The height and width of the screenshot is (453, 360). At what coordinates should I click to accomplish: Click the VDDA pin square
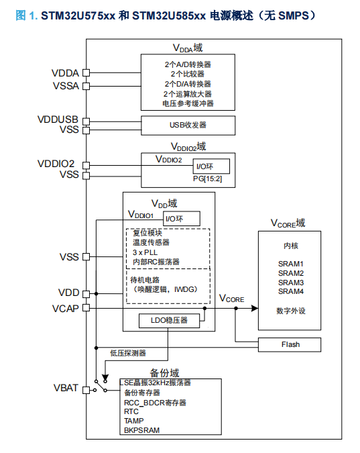coord(86,72)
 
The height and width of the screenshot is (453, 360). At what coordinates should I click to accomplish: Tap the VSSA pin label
coord(66,86)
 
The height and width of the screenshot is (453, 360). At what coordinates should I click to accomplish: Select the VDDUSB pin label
coord(58,119)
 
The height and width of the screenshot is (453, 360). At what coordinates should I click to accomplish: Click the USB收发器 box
coord(188,125)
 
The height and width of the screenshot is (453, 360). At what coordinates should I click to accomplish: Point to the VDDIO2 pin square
coord(86,165)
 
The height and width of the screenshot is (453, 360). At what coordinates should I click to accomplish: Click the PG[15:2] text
coord(208,179)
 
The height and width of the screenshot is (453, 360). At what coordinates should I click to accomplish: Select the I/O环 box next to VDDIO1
coord(182,218)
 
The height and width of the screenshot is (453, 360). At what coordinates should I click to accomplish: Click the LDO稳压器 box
coord(169,321)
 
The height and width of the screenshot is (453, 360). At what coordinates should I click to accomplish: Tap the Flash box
coord(289,345)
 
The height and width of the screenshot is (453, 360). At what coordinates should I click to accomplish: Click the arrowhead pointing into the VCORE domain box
coord(255,308)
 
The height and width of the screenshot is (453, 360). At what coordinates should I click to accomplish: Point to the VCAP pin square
coord(86,308)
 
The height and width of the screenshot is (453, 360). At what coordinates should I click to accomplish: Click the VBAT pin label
coord(66,388)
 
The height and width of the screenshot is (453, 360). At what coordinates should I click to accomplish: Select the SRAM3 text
coord(291,283)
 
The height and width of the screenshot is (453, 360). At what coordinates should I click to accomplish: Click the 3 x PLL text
coord(145,252)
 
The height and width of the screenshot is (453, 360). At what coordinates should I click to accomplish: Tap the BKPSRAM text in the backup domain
coord(141,430)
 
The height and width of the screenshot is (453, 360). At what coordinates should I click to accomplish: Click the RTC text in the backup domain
coord(131,411)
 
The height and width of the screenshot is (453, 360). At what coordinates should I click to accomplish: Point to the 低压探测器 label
coord(128,353)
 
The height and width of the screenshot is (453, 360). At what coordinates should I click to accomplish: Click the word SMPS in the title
coord(294,15)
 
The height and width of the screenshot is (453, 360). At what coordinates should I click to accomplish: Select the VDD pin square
coord(86,294)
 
